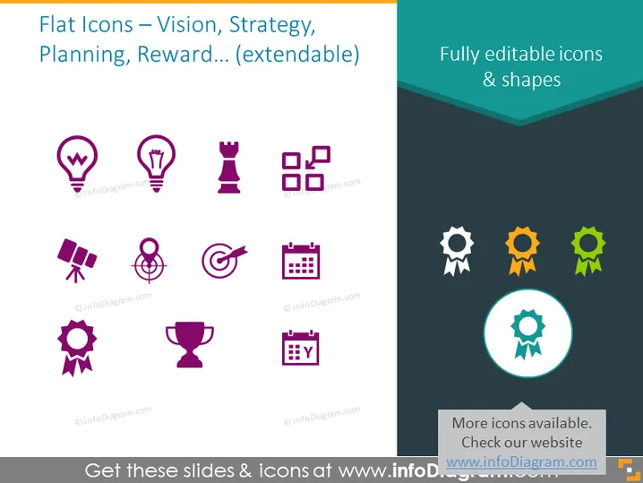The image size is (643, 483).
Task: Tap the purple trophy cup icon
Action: coord(190,344)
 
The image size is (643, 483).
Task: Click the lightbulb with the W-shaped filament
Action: coord(77,163)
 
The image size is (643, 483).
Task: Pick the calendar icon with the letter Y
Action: coord(301,348)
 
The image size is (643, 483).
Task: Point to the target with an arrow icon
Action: coord(224,260)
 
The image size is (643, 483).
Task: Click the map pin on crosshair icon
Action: coord(149,260)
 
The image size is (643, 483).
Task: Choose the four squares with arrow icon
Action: coord(306,168)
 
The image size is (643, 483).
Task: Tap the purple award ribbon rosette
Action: coord(77,347)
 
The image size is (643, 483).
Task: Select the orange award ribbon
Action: coord(522,251)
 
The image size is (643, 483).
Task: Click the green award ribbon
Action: coord(588,251)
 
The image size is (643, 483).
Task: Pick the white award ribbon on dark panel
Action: coord(457,251)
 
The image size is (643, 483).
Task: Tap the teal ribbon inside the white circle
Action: coord(527,334)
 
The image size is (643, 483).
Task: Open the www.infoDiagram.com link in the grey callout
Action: coord(521,462)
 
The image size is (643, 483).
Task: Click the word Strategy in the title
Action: coord(272,25)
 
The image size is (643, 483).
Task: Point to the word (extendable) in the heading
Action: coord(297,55)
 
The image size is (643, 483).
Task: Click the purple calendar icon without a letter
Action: coord(301,261)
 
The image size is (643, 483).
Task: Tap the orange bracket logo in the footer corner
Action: coord(629,470)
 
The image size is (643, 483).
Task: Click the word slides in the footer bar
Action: coord(209,470)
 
